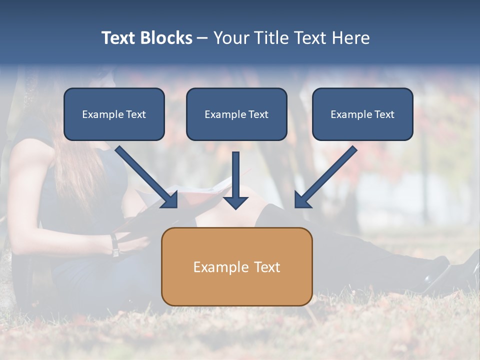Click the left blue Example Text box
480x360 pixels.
tap(114, 114)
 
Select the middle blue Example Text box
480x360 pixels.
tap(236, 114)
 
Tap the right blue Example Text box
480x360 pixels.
tap(362, 114)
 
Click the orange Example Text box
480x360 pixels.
tap(236, 266)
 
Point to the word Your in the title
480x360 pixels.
tap(231, 38)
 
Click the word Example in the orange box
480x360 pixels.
tap(217, 267)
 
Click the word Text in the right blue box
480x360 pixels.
tap(384, 114)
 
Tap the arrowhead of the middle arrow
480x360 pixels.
tap(235, 202)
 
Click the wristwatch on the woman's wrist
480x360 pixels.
tap(115, 245)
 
